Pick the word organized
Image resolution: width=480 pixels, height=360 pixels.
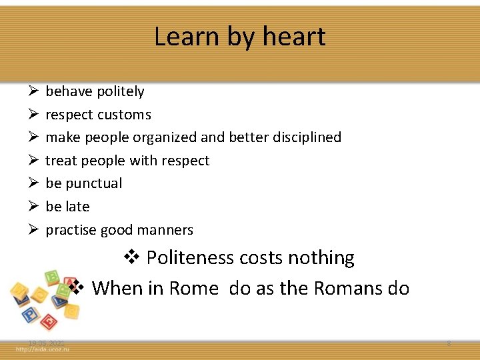tap(165, 137)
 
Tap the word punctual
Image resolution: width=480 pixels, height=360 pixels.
tap(93, 183)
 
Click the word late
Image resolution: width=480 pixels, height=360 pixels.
tap(77, 207)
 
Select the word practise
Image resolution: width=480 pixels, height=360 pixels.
tap(71, 230)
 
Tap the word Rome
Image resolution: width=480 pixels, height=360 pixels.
tap(193, 288)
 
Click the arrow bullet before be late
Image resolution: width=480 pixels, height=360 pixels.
tap(32, 207)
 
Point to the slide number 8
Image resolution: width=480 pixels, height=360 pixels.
tap(449, 343)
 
